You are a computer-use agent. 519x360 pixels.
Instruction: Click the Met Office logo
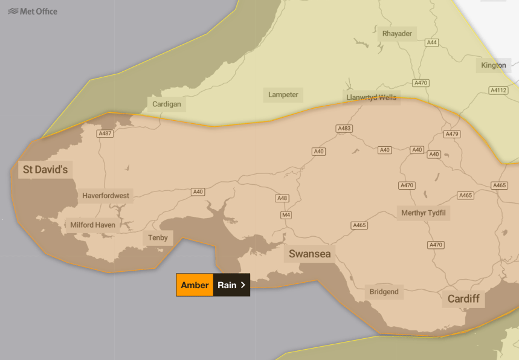click(x=33, y=11)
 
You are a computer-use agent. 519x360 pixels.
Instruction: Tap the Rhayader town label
click(x=397, y=34)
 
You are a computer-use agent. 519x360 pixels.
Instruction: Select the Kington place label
click(x=493, y=65)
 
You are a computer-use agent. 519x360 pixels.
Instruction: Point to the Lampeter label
click(x=283, y=95)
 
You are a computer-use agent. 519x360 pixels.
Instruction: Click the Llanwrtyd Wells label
click(x=370, y=97)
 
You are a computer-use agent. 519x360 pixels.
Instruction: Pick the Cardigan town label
click(x=166, y=104)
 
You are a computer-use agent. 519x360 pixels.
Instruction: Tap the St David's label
click(x=45, y=170)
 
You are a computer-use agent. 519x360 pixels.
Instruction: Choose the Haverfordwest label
click(x=106, y=196)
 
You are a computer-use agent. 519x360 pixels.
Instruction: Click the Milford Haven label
click(x=92, y=225)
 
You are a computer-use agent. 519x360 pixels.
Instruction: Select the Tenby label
click(x=158, y=238)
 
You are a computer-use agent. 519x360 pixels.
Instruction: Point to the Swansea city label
click(x=309, y=254)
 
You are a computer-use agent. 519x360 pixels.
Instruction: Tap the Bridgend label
click(x=384, y=292)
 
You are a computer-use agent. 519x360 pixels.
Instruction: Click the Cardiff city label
click(x=463, y=299)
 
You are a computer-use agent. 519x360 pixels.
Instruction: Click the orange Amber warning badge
click(x=195, y=285)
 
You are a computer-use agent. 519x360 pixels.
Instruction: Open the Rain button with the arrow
click(x=231, y=285)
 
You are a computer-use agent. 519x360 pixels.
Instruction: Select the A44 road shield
click(x=431, y=43)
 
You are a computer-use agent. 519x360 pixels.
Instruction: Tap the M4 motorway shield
click(x=286, y=215)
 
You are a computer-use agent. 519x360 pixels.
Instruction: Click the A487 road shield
click(x=105, y=133)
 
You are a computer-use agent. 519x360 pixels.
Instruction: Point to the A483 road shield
click(x=344, y=129)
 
